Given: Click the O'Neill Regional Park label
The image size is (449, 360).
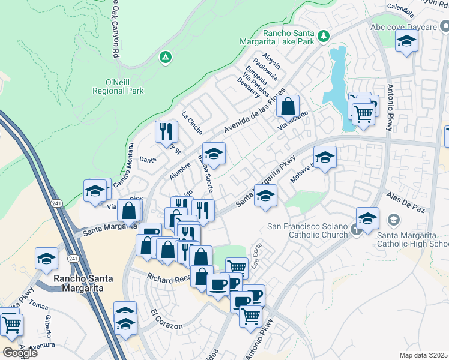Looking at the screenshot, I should point(118,86).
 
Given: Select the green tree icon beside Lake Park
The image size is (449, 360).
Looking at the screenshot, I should point(324,37).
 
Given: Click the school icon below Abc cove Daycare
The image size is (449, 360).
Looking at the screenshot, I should point(406,41).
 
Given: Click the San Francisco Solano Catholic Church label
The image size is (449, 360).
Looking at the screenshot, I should point(307,230).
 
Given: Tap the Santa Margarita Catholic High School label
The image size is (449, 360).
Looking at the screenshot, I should point(412,239).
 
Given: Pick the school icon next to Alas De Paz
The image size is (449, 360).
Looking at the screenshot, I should point(367,218).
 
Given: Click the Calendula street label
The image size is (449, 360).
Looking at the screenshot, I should point(401,10).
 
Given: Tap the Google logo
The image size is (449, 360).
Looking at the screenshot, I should point(20,353).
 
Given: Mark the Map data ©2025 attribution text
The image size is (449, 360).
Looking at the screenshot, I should point(424,355).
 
